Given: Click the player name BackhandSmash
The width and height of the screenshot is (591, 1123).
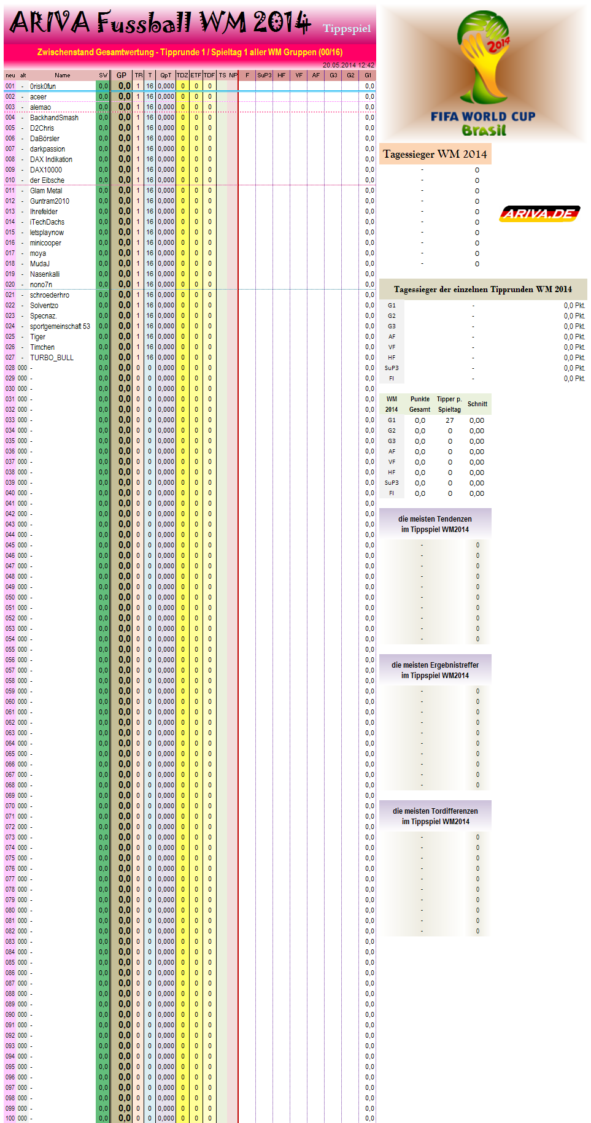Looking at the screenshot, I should (54, 118).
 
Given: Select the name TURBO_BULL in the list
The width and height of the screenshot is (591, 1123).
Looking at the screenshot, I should (52, 358).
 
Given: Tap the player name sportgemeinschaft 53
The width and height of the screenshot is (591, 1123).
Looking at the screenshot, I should (60, 326).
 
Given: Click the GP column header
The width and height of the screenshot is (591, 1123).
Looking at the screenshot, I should (122, 75).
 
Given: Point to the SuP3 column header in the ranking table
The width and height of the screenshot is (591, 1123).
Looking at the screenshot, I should (264, 75).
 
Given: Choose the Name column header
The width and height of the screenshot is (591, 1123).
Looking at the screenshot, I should (63, 75).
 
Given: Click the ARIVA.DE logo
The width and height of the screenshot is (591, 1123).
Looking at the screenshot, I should (539, 214).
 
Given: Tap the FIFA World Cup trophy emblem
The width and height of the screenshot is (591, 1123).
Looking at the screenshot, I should (484, 58).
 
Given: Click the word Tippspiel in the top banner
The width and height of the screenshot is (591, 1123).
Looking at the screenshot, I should (347, 29).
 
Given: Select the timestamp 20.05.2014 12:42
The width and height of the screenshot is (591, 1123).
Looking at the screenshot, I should (348, 65).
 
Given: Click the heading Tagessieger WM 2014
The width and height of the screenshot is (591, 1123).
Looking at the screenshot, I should (435, 154).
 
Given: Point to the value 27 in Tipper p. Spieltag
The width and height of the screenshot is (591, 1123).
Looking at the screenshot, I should (450, 420).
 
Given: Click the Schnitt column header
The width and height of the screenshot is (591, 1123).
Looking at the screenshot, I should (477, 404).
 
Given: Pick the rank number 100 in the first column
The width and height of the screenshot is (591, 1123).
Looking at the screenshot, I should (10, 1119).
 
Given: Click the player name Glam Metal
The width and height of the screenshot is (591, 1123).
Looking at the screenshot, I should (46, 191).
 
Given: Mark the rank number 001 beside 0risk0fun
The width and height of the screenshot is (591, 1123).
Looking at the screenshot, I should (10, 87).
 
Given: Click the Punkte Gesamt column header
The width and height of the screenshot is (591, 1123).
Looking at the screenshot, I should (420, 404).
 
